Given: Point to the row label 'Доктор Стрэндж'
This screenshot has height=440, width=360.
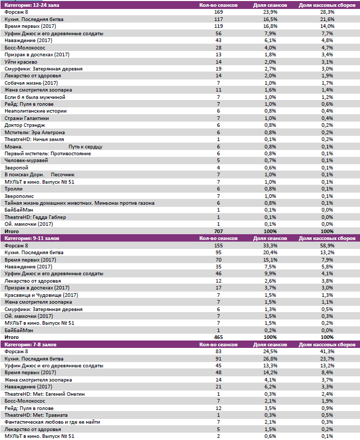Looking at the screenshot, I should pyautogui.click(x=25, y=125).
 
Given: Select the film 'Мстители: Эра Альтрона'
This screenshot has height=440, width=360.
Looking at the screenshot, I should pyautogui.click(x=35, y=132).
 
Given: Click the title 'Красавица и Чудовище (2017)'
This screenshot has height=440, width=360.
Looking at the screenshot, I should pyautogui.click(x=41, y=295).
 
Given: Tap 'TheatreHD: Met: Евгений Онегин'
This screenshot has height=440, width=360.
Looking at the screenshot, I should pyautogui.click(x=44, y=394).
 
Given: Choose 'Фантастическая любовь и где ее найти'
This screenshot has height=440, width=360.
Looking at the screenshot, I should pyautogui.click(x=52, y=422).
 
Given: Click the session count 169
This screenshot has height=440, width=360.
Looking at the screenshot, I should pyautogui.click(x=219, y=12).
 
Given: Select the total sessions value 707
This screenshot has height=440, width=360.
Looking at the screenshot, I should pyautogui.click(x=219, y=231).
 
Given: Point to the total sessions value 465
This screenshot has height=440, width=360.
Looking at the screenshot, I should pyautogui.click(x=219, y=337).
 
